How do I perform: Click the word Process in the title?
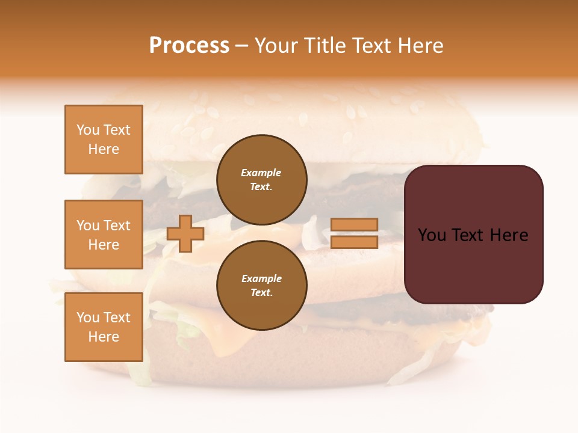pyautogui.click(x=189, y=46)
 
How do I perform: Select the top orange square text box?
pyautogui.click(x=104, y=140)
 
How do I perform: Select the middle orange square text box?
pyautogui.click(x=104, y=235)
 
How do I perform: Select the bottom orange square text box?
pyautogui.click(x=104, y=327)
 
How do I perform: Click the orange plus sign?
pyautogui.click(x=185, y=233)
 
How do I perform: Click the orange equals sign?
pyautogui.click(x=354, y=233)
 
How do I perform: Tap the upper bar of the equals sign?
pyautogui.click(x=354, y=225)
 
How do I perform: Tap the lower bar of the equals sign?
pyautogui.click(x=354, y=242)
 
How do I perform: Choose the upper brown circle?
pyautogui.click(x=261, y=180)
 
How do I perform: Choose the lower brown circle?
pyautogui.click(x=261, y=285)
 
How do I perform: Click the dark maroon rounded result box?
pyautogui.click(x=473, y=235)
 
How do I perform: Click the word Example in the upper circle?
pyautogui.click(x=261, y=173)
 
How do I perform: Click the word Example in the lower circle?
pyautogui.click(x=261, y=278)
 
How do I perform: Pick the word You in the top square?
pyautogui.click(x=88, y=130)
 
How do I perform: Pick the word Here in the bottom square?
pyautogui.click(x=104, y=337)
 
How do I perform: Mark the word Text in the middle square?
pyautogui.click(x=116, y=226)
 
